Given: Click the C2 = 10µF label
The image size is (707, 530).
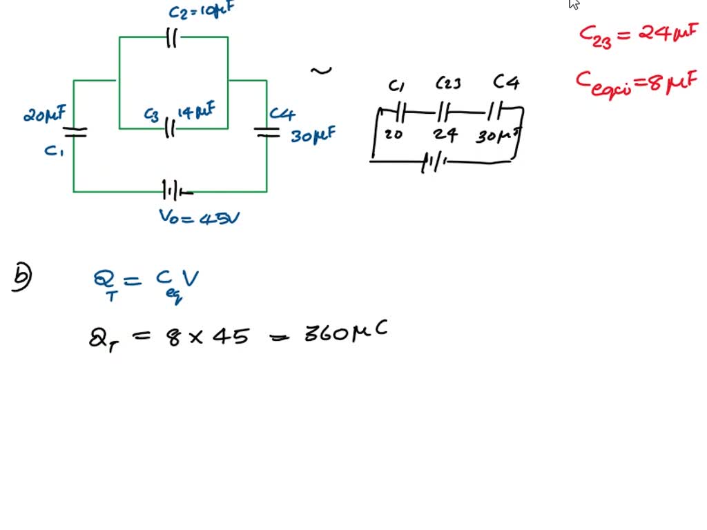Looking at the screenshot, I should (200, 12).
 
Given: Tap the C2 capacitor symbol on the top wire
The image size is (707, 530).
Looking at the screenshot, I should (172, 39).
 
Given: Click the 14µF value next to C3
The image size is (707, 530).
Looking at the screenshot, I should (197, 110).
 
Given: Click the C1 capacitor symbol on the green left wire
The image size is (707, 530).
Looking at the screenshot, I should (75, 131).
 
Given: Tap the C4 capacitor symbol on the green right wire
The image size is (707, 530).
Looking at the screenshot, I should (267, 131).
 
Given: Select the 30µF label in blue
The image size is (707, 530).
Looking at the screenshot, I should (313, 135).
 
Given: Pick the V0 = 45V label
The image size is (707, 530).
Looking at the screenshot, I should (200, 217).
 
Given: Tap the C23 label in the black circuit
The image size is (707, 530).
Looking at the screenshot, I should (449, 84).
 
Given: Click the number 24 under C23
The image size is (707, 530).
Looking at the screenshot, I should (445, 135).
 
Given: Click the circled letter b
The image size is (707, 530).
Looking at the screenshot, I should (22, 278).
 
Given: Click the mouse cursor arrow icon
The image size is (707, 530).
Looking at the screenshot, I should (574, 4).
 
